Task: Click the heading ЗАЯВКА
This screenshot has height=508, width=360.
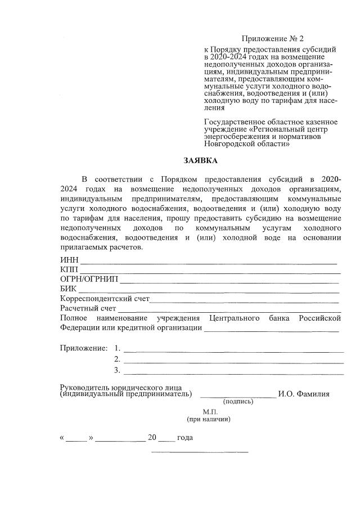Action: click(x=200, y=161)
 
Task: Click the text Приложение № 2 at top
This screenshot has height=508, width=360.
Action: click(x=272, y=39)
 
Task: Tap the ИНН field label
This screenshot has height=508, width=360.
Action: click(x=69, y=260)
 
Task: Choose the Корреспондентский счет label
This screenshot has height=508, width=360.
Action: click(x=105, y=299)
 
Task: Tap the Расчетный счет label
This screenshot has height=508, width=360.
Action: click(x=88, y=308)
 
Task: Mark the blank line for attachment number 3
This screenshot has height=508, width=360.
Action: click(x=233, y=372)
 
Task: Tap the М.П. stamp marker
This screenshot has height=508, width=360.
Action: click(x=209, y=412)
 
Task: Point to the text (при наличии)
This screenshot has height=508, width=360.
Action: click(x=209, y=420)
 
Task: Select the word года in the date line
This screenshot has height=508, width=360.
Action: click(x=185, y=438)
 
